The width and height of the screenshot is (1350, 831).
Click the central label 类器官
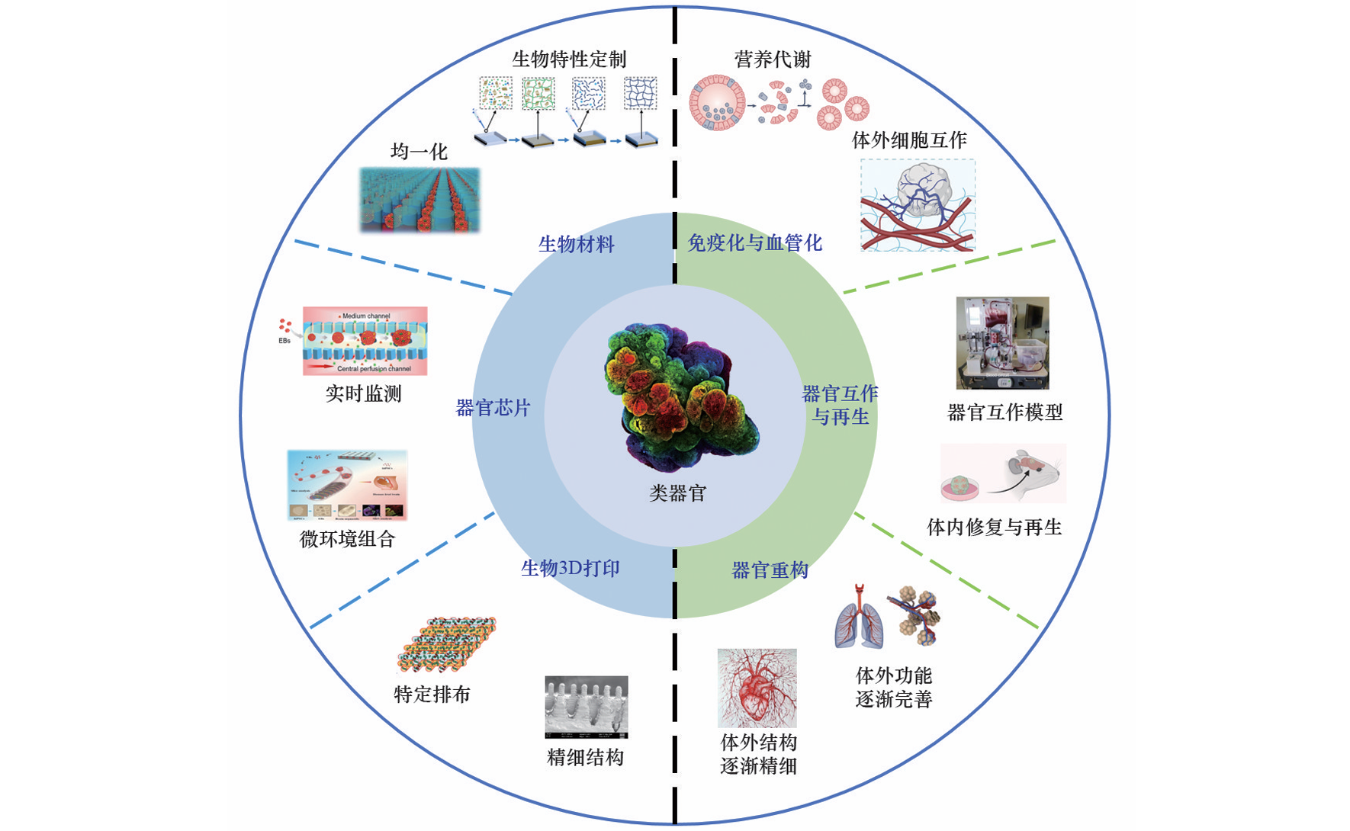(x=677, y=493)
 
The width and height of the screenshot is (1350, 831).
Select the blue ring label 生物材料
(x=576, y=245)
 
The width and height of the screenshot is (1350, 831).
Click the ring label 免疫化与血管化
(x=754, y=243)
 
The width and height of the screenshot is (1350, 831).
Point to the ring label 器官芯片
(x=492, y=408)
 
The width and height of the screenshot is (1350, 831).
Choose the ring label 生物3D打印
(x=570, y=569)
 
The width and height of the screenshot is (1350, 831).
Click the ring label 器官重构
(x=770, y=570)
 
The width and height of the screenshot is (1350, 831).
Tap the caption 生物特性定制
(x=568, y=59)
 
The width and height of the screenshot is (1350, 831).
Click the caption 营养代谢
(x=772, y=59)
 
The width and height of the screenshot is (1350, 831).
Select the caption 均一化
(x=419, y=152)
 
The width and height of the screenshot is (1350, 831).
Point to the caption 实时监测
(x=363, y=394)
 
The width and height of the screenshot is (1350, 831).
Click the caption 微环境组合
(x=347, y=540)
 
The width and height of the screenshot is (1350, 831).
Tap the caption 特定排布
(x=432, y=695)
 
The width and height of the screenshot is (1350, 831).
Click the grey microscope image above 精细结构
(x=586, y=707)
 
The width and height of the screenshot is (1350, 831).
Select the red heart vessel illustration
(x=757, y=687)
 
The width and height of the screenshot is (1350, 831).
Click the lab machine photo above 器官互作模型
(x=1002, y=343)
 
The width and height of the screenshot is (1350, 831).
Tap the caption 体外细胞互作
(x=908, y=140)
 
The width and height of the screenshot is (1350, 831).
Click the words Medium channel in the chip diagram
(x=366, y=316)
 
